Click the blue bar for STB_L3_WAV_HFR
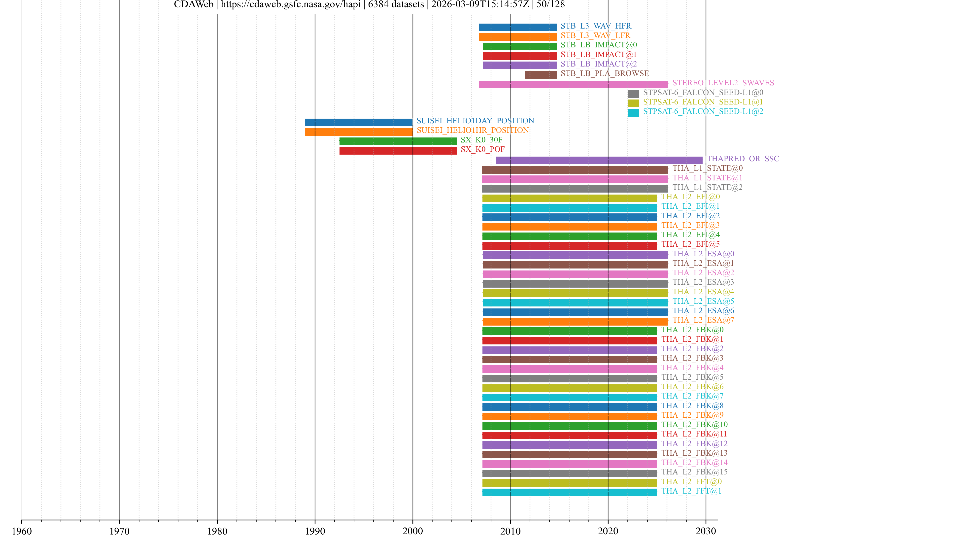click(x=517, y=27)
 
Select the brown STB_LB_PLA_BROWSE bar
click(x=541, y=75)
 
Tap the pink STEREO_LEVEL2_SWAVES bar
click(x=574, y=84)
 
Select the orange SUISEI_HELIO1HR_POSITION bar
click(x=358, y=132)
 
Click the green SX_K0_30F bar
click(x=398, y=141)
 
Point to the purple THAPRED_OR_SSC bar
click(x=599, y=160)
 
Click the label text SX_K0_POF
click(x=482, y=149)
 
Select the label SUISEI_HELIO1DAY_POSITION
click(x=475, y=121)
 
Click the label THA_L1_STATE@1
click(x=707, y=178)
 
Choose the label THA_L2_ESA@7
click(x=703, y=320)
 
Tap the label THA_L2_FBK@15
click(x=694, y=472)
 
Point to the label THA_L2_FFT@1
click(x=691, y=491)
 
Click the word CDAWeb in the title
click(x=194, y=4)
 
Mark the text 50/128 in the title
click(x=550, y=4)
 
